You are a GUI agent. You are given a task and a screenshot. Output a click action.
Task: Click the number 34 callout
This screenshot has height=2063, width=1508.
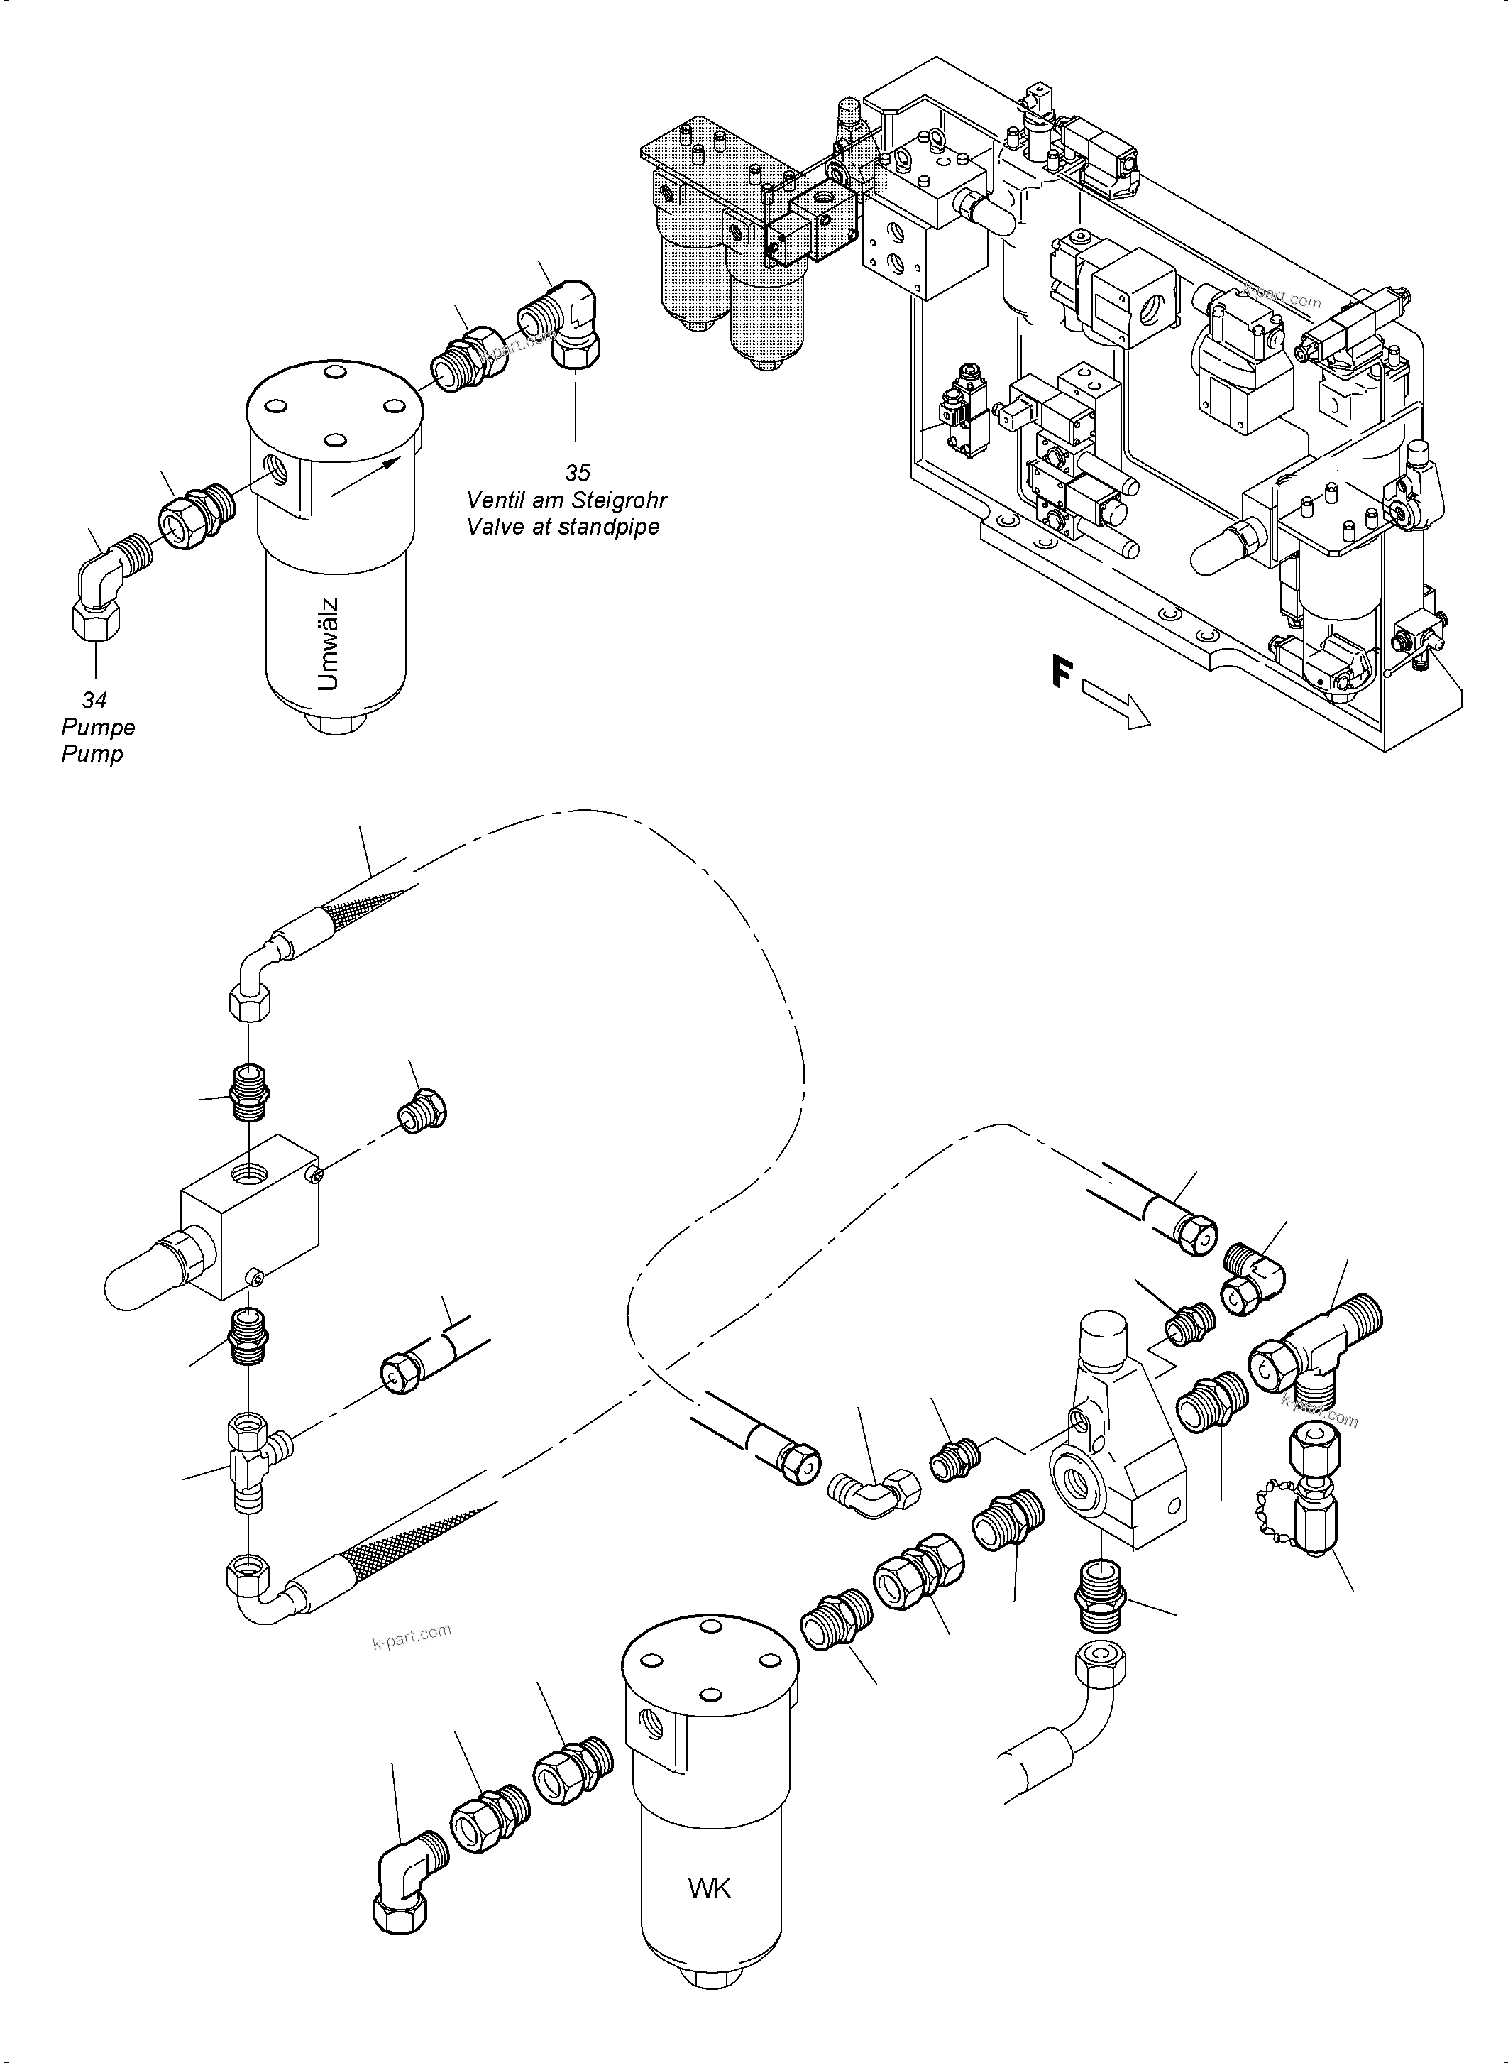[94, 701]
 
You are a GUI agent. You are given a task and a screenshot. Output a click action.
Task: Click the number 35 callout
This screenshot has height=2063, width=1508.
[577, 473]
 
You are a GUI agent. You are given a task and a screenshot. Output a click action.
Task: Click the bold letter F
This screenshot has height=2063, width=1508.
[1060, 673]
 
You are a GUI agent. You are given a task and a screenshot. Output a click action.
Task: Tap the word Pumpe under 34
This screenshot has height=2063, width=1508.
[98, 728]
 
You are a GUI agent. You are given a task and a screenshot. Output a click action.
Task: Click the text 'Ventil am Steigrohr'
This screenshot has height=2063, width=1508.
[566, 500]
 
